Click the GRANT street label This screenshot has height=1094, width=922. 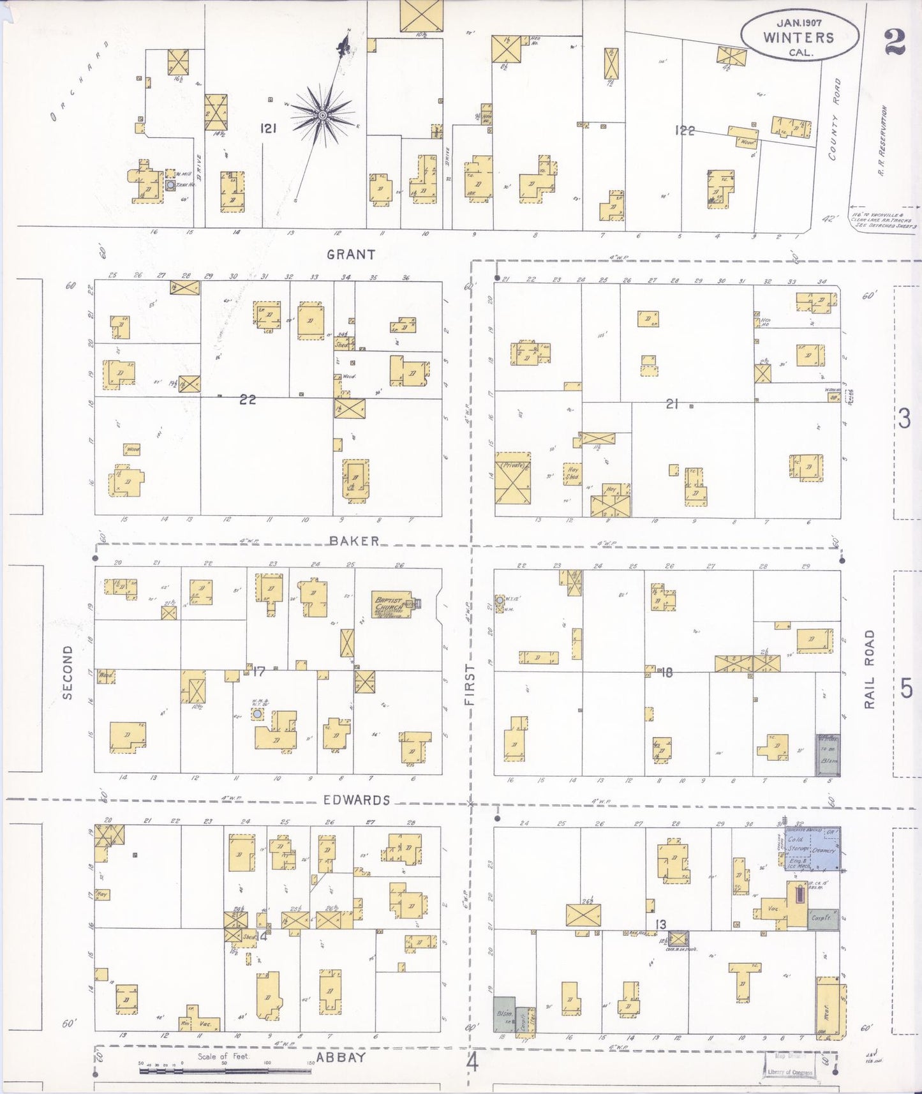tap(350, 254)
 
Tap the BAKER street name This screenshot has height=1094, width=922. tap(354, 541)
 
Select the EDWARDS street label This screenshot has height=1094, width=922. tap(356, 800)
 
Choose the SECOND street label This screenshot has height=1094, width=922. tap(68, 672)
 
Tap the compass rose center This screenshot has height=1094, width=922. tap(322, 115)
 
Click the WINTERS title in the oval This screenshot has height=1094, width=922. tap(798, 37)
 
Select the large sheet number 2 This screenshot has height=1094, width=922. tap(895, 43)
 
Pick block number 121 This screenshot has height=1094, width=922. tap(268, 129)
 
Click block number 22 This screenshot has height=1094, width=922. tap(248, 400)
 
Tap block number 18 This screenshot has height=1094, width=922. tap(665, 672)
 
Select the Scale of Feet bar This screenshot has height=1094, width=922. tap(225, 1068)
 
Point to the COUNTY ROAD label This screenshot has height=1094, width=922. tap(833, 119)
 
